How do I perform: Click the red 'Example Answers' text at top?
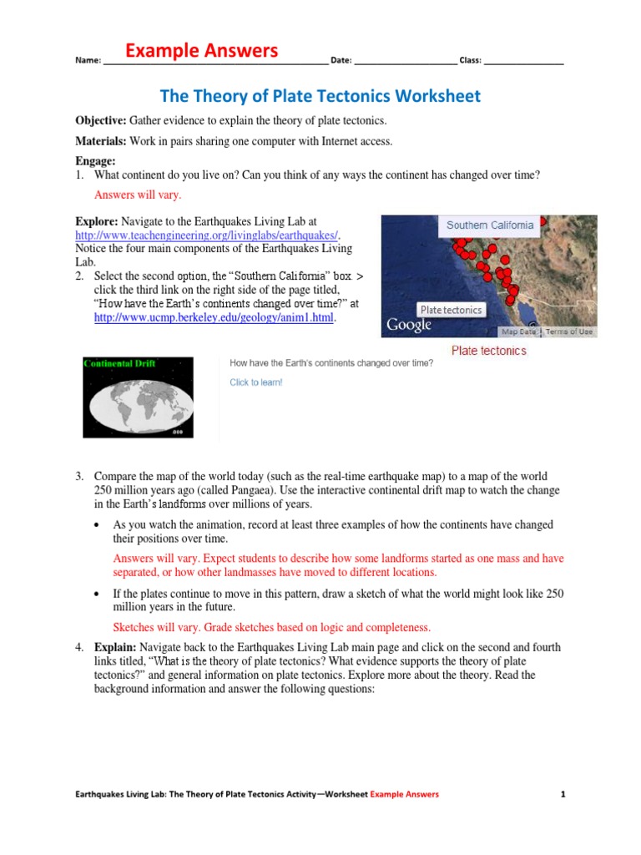pyautogui.click(x=201, y=51)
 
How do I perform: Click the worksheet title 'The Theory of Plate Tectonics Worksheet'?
pyautogui.click(x=320, y=96)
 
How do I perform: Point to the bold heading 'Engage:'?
pyautogui.click(x=96, y=161)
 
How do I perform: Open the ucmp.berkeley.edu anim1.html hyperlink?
pyautogui.click(x=214, y=318)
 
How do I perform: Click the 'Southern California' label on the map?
pyautogui.click(x=489, y=225)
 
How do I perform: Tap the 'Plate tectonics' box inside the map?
pyautogui.click(x=451, y=310)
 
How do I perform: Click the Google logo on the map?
pyautogui.click(x=409, y=325)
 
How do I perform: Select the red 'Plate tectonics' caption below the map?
pyautogui.click(x=488, y=351)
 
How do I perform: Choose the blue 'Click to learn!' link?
pyautogui.click(x=256, y=382)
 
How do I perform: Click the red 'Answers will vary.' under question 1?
pyautogui.click(x=138, y=195)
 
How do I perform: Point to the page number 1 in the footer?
pyautogui.click(x=563, y=794)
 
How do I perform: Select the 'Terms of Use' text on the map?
pyautogui.click(x=569, y=331)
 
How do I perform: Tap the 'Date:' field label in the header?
pyautogui.click(x=341, y=61)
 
